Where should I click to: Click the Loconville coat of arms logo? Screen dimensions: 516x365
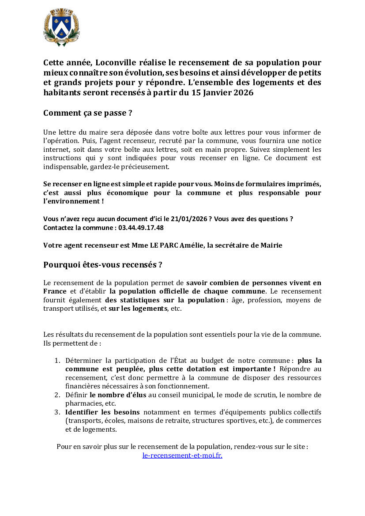pyautogui.click(x=61, y=27)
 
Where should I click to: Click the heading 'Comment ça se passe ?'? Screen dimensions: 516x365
pyautogui.click(x=88, y=113)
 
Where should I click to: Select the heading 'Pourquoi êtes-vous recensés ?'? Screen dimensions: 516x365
pyautogui.click(x=102, y=265)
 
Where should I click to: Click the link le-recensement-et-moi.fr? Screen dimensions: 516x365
pyautogui.click(x=182, y=455)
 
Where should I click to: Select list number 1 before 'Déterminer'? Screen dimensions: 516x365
pyautogui.click(x=57, y=360)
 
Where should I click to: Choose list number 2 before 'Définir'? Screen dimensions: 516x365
pyautogui.click(x=57, y=395)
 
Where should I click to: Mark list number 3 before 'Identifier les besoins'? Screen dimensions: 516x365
pyautogui.click(x=57, y=412)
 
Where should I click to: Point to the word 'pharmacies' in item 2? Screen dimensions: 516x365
pyautogui.click(x=81, y=403)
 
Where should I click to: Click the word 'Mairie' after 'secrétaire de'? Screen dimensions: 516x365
pyautogui.click(x=271, y=245)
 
